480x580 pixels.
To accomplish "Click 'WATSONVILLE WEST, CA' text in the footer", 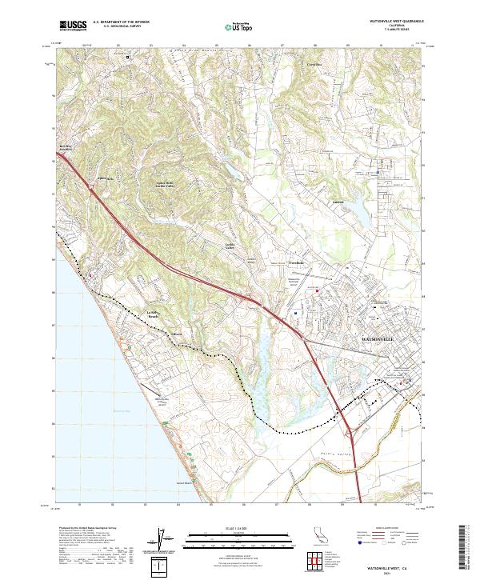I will click(393, 564).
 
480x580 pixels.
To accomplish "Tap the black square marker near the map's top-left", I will click(127, 56).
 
